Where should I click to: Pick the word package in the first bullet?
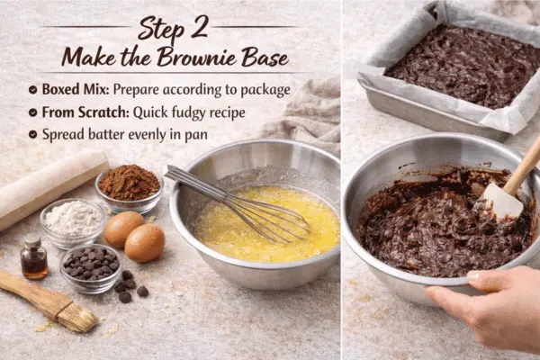click(261, 90)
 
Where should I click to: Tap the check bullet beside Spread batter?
click(33, 134)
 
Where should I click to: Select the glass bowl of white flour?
click(73, 219)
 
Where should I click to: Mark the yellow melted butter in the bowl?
click(270, 238)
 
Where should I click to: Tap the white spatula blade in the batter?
click(502, 202)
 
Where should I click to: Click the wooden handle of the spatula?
click(524, 166)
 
